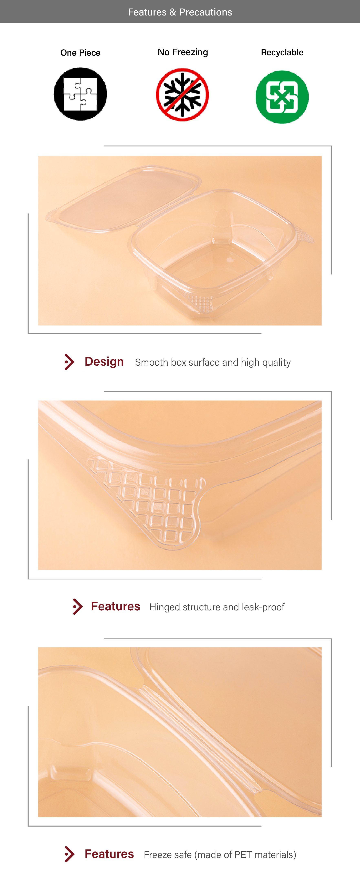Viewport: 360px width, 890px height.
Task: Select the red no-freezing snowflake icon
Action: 182,95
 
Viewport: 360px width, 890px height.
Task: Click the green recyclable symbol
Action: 282,97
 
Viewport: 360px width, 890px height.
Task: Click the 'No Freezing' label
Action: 183,52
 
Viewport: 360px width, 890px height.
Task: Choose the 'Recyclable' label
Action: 282,52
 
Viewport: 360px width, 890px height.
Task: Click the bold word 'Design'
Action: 104,361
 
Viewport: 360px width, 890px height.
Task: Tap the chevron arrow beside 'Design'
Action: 70,362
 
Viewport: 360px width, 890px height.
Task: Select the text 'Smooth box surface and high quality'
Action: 213,362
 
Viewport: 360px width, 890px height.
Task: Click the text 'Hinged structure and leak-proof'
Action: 217,607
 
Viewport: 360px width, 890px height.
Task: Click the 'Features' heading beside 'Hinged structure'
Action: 115,606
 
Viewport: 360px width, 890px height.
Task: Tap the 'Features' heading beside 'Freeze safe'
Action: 109,854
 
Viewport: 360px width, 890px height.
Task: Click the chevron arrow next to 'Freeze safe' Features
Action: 70,854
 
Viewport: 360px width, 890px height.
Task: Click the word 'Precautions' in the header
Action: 205,12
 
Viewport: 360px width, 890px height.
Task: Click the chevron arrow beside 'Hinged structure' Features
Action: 78,607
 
